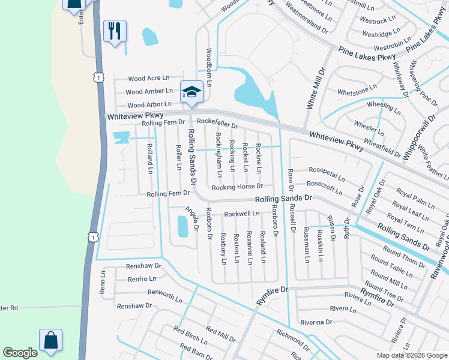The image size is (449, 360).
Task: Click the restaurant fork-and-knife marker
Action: tap(115, 30)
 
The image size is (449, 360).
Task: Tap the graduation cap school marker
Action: tap(191, 92)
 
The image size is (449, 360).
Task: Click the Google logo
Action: tap(20, 353)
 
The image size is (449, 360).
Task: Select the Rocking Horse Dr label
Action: tap(239, 187)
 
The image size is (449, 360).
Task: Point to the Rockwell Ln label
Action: tap(241, 214)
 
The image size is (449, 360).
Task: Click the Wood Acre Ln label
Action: tap(148, 78)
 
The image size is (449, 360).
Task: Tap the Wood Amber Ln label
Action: tap(149, 91)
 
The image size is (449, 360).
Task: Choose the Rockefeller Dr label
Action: tap(217, 124)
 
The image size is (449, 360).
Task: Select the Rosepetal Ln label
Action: tap(326, 174)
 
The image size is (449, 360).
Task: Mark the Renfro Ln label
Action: tap(142, 278)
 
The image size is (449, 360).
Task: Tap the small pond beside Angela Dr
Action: tap(182, 226)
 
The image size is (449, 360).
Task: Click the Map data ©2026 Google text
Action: tap(411, 355)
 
